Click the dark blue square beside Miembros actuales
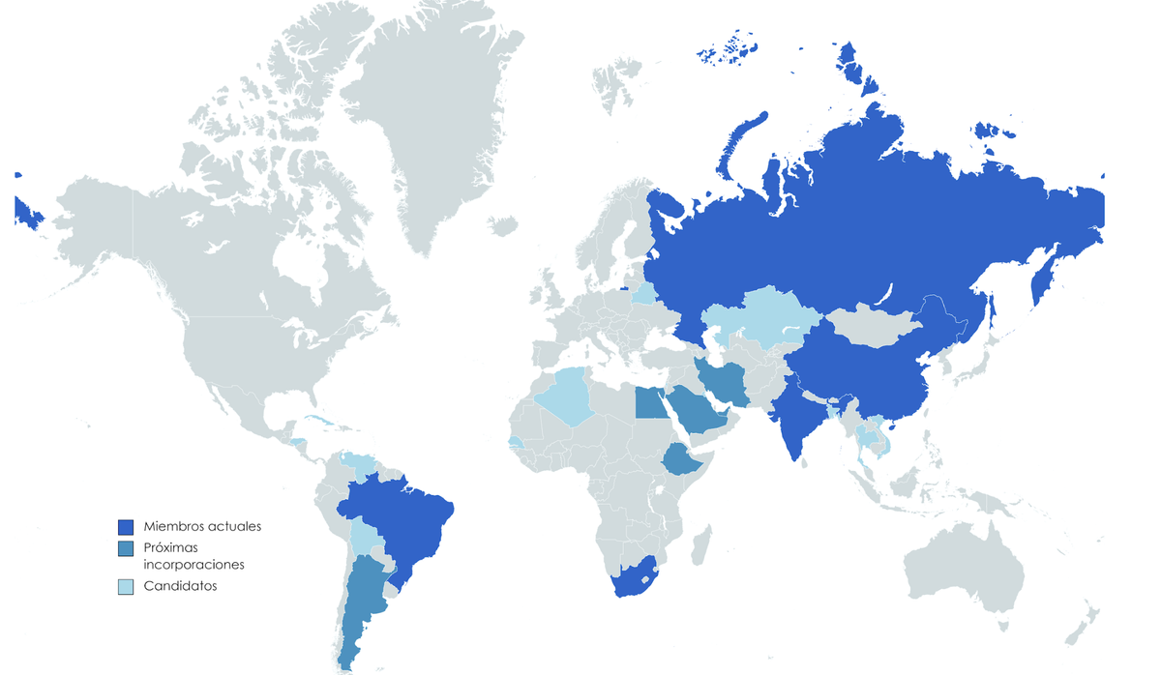tap(126, 527)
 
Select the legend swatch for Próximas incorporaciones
tap(126, 548)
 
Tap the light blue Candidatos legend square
tap(126, 586)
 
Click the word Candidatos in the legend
tap(181, 586)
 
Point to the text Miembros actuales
tap(202, 527)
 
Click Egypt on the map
tap(649, 401)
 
